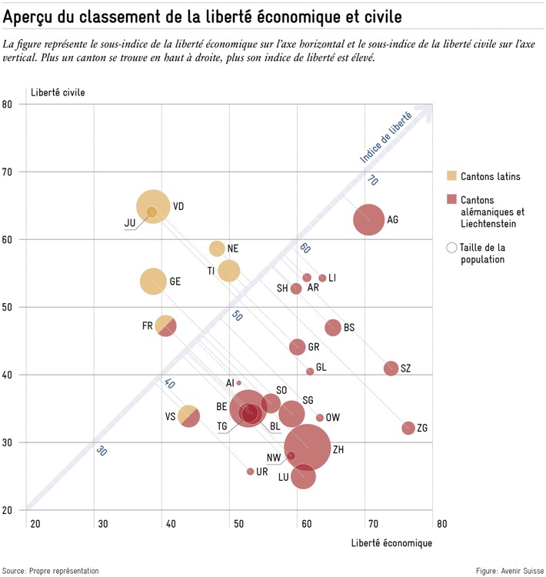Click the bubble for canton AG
[x=369, y=219]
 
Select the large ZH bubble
[x=308, y=447]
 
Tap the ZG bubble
[x=408, y=428]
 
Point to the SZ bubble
[x=391, y=368]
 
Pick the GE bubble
[x=153, y=281]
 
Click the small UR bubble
[x=250, y=472]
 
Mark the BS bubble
[x=333, y=327]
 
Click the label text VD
[x=178, y=206]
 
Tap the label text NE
[x=233, y=248]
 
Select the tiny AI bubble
[x=239, y=382]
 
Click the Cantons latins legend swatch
[x=451, y=176]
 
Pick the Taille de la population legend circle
[x=451, y=248]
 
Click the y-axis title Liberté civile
[x=58, y=93]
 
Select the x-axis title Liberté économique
[x=391, y=543]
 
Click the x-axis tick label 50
[x=238, y=525]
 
